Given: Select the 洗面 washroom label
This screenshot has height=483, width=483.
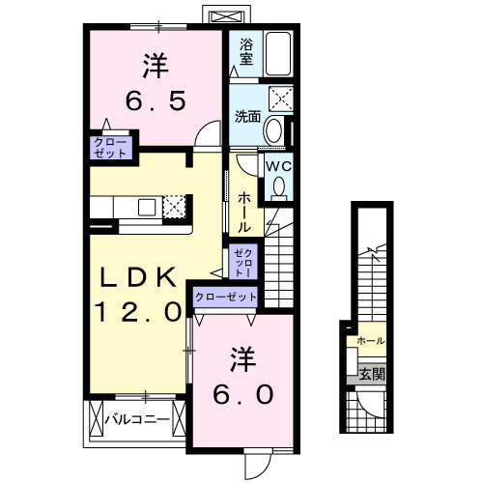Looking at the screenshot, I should point(247,117).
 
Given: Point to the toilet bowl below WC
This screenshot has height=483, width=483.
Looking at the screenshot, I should point(279,188).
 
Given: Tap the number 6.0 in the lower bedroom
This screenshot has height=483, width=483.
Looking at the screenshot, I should point(242,394).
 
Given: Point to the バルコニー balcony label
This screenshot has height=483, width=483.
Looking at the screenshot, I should point(137,419).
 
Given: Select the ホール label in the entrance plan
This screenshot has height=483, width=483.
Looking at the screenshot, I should point(370,341).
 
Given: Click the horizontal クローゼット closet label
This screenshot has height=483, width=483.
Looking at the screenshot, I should point(226,298).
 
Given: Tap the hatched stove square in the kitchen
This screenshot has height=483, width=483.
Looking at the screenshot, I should point(174,206).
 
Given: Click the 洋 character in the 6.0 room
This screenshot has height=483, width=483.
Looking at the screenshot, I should point(242,359).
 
